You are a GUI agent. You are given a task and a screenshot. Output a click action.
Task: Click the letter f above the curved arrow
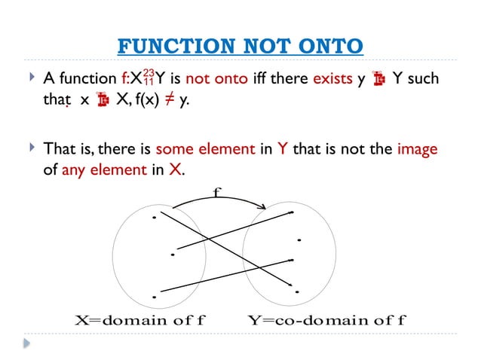click(218, 193)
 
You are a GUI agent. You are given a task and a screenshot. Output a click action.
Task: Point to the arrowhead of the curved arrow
click(264, 208)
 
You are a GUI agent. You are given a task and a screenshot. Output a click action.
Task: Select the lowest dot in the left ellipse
click(154, 297)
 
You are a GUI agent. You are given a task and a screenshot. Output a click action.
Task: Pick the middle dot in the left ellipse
click(173, 255)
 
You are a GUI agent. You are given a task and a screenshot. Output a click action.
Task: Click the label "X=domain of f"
click(141, 319)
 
